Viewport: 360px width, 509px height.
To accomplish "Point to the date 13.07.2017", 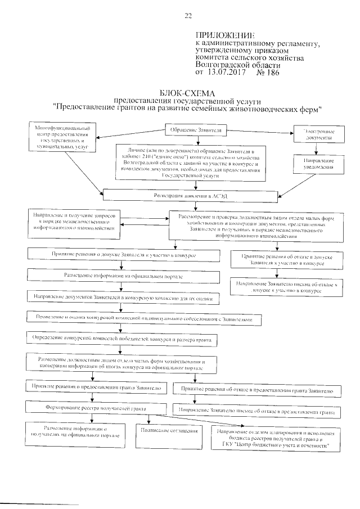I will coord(228,72).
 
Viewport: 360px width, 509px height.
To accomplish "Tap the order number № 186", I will coord(268,72).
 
